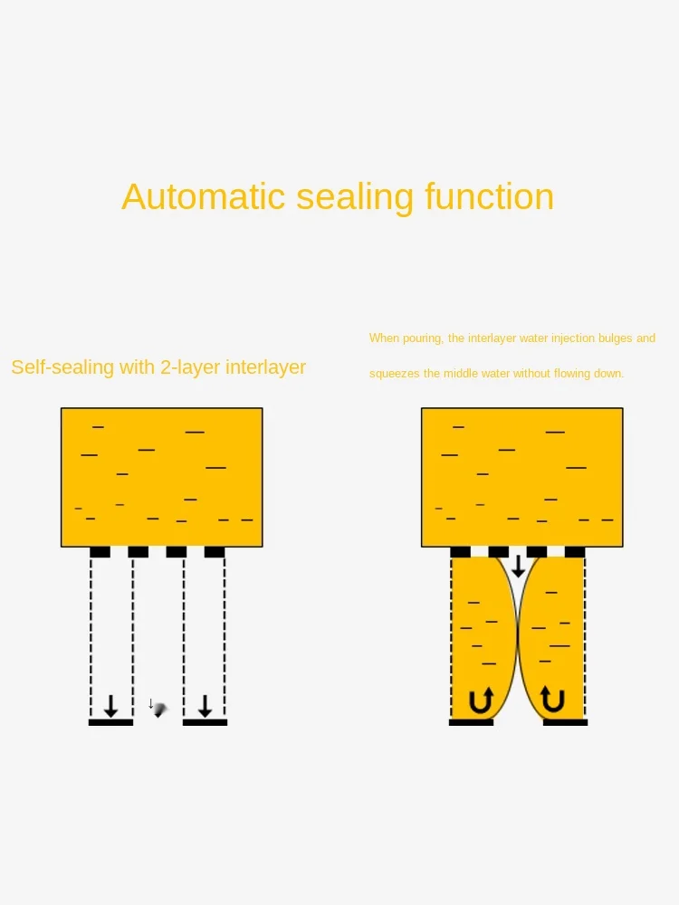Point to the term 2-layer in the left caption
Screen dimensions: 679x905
click(188, 367)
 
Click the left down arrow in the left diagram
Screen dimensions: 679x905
click(110, 706)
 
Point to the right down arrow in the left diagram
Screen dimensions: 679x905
click(206, 706)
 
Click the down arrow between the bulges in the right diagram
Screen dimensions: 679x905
click(518, 567)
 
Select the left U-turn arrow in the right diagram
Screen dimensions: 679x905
click(481, 700)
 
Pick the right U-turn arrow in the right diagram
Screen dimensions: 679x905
click(552, 700)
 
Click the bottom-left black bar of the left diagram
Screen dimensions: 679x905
click(110, 722)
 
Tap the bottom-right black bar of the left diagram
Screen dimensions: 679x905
click(205, 722)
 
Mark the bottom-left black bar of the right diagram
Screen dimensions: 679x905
click(471, 722)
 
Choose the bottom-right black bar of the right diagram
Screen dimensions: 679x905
click(565, 722)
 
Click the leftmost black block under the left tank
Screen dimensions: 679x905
click(100, 552)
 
